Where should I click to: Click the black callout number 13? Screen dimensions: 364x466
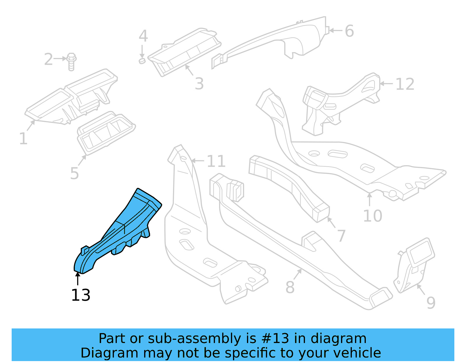pyautogui.click(x=81, y=295)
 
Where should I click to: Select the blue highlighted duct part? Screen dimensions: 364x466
pyautogui.click(x=122, y=230)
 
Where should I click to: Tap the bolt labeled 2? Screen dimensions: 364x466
pyautogui.click(x=71, y=61)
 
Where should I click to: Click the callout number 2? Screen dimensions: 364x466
pyautogui.click(x=48, y=59)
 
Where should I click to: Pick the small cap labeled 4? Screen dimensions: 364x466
pyautogui.click(x=142, y=61)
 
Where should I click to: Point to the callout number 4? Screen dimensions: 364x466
pyautogui.click(x=143, y=36)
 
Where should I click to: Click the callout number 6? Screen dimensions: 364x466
pyautogui.click(x=349, y=31)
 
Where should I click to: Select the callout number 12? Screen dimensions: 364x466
pyautogui.click(x=405, y=84)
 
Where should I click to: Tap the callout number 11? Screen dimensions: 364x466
pyautogui.click(x=216, y=161)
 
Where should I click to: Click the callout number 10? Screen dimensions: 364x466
pyautogui.click(x=373, y=216)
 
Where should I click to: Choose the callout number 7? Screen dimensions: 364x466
pyautogui.click(x=341, y=235)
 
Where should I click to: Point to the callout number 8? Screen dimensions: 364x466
pyautogui.click(x=290, y=287)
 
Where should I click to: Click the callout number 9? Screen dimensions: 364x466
pyautogui.click(x=431, y=303)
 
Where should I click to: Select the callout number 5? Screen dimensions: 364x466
pyautogui.click(x=75, y=173)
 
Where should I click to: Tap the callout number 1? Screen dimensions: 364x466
pyautogui.click(x=23, y=138)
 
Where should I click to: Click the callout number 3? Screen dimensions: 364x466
pyautogui.click(x=199, y=84)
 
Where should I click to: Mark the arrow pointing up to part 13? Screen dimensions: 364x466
pyautogui.click(x=77, y=278)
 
